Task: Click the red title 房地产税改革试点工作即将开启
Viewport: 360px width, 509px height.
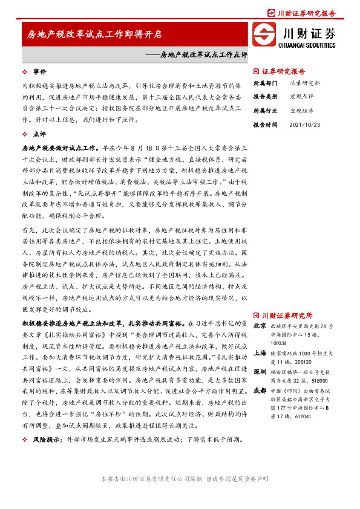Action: tap(94, 35)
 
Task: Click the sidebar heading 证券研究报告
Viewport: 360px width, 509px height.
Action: tap(284, 71)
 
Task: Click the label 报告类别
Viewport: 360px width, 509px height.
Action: tap(265, 97)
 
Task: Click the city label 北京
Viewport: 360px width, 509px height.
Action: tap(259, 326)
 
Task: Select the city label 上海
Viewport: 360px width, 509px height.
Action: tap(259, 352)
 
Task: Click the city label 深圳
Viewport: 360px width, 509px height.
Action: tap(259, 371)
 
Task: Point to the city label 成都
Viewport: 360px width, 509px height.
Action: tap(259, 391)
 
